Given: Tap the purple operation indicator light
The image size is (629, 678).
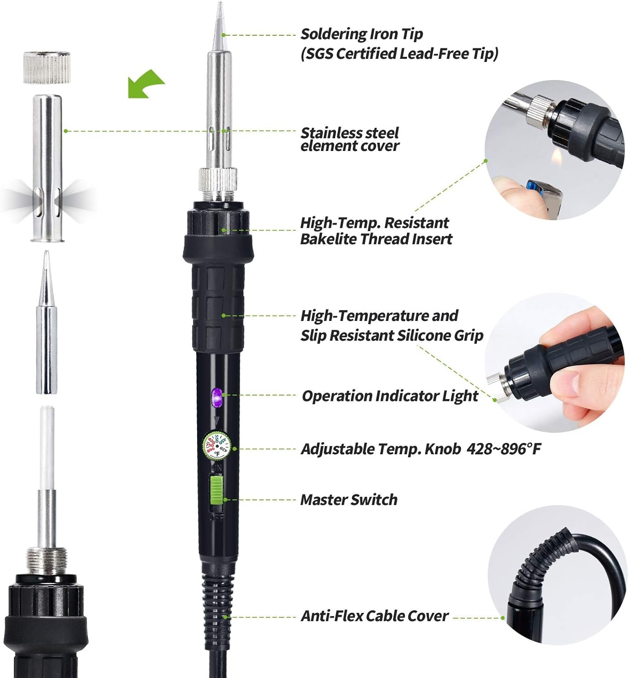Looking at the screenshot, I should tap(216, 397).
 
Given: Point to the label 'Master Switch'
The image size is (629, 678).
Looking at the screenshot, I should tap(349, 499).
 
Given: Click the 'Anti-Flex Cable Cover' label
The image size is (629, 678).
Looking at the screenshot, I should tap(374, 616).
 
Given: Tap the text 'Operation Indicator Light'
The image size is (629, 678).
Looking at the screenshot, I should tap(390, 396).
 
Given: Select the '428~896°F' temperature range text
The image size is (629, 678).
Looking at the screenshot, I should tap(503, 449).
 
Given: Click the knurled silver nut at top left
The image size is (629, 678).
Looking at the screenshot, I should tap(47, 68).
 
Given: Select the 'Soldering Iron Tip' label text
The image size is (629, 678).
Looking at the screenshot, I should tap(362, 34).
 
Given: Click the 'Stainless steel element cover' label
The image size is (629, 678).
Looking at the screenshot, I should tap(350, 139).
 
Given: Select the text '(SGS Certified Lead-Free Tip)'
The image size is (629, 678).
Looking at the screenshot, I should tap(399, 54).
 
